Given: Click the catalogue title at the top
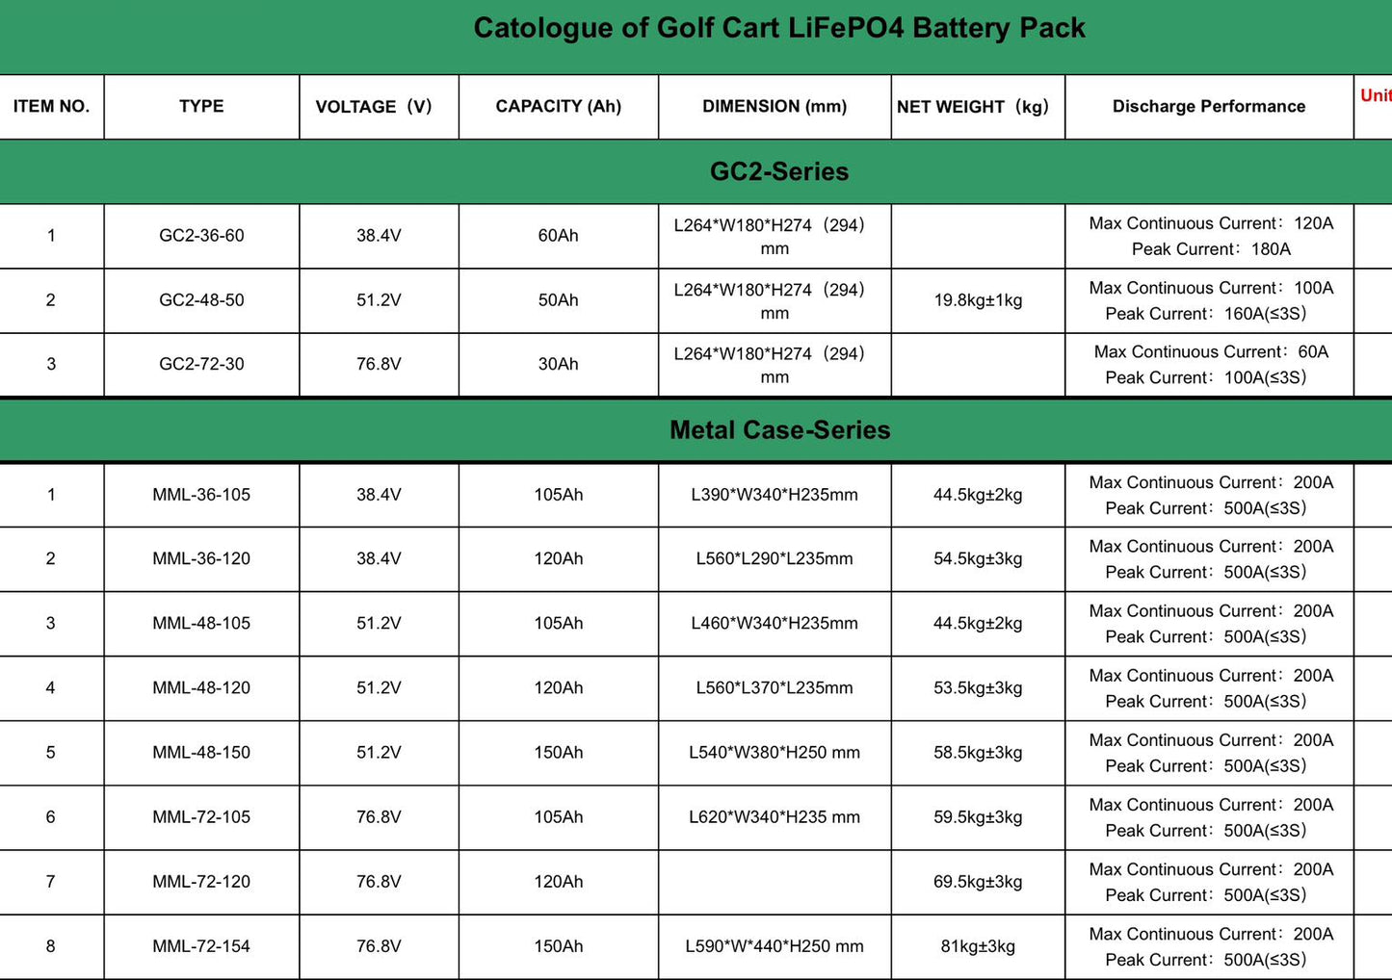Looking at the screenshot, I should click(x=778, y=28).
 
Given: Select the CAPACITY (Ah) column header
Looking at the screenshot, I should click(x=558, y=107).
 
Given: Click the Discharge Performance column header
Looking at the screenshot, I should click(x=1208, y=107).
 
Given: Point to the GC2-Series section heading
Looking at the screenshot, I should click(x=778, y=171).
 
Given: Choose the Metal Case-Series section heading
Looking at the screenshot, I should click(x=778, y=430).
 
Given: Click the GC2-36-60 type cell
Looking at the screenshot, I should click(x=201, y=236).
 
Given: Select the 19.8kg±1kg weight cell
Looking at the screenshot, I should click(x=977, y=300).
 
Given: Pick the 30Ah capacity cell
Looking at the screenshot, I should click(x=558, y=364).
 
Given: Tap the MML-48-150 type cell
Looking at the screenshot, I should click(x=201, y=753).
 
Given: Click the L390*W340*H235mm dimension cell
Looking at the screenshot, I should click(x=774, y=495).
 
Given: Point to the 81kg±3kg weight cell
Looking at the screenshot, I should click(x=977, y=946).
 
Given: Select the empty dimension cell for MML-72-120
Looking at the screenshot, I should click(x=774, y=882).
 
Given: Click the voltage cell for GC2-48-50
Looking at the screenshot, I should click(x=379, y=300).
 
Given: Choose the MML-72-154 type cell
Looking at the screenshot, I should click(x=201, y=946).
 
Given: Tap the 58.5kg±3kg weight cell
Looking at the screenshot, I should click(x=977, y=753).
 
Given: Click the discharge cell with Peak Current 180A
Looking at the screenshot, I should click(x=1210, y=236).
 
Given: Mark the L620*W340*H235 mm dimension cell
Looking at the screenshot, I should click(x=774, y=817).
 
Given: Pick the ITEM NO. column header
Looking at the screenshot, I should click(x=51, y=107).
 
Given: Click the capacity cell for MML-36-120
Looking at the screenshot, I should click(x=558, y=559).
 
